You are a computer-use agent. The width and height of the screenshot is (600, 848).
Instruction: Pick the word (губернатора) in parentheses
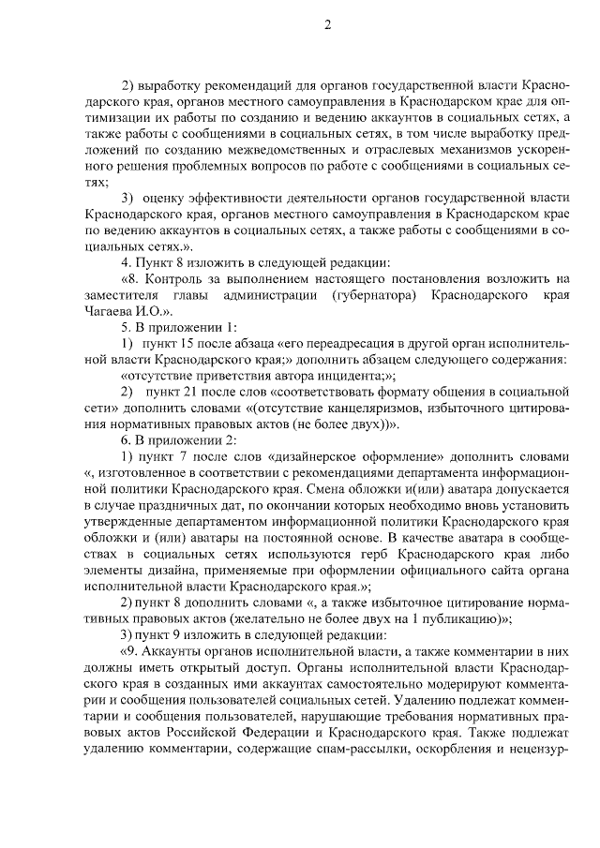(373, 294)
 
